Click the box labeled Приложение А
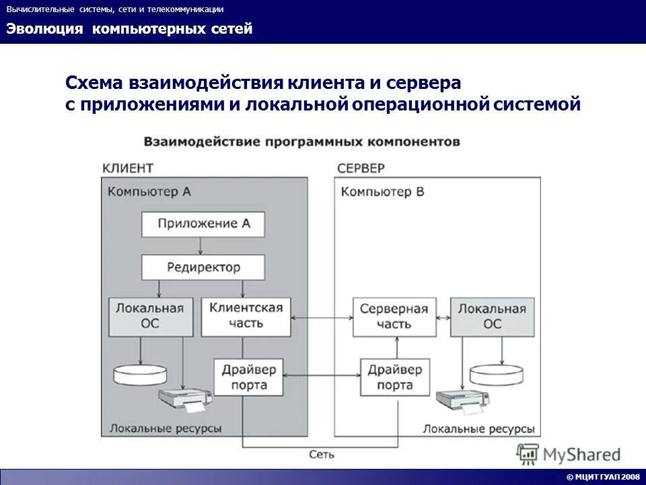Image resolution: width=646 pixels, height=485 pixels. (x=203, y=224)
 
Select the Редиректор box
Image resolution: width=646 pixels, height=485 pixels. (x=203, y=267)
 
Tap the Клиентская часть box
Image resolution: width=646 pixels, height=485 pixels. (x=246, y=315)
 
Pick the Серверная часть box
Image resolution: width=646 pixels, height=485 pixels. (x=394, y=316)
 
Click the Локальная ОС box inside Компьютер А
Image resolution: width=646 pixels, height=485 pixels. (x=149, y=315)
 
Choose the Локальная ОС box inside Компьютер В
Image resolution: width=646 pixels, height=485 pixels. (x=492, y=316)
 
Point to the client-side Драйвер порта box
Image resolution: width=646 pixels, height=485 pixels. (x=246, y=377)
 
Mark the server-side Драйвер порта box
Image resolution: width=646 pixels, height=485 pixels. (x=395, y=377)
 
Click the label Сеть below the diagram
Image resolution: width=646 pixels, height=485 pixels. (x=322, y=455)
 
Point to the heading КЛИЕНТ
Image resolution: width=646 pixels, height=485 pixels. (x=127, y=167)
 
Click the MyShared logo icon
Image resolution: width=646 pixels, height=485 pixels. (x=529, y=454)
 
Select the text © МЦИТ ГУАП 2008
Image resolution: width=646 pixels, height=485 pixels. (x=603, y=477)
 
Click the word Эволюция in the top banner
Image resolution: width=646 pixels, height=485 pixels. (x=45, y=29)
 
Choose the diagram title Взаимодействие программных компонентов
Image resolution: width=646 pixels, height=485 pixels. (x=301, y=141)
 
